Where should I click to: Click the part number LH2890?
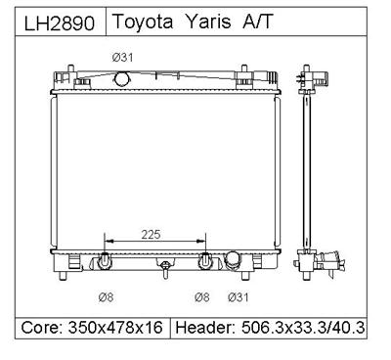60,23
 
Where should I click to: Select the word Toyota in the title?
143,22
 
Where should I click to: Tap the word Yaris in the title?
208,22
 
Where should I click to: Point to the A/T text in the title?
257,22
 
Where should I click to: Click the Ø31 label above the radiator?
123,58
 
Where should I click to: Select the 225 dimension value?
152,234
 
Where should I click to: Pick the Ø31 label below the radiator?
239,297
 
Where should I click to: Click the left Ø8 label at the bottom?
106,297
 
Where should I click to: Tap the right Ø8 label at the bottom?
202,297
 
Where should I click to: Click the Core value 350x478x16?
115,327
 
